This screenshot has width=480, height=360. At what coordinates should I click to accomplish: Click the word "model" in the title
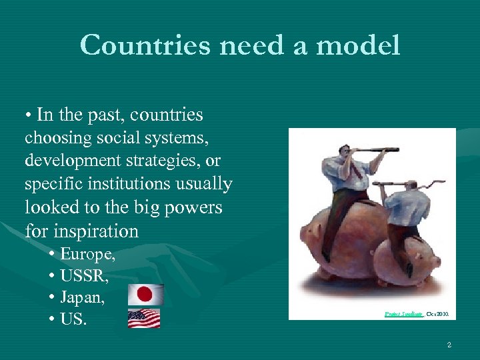(x=359, y=46)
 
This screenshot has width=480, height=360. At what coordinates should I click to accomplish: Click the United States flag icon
(x=145, y=319)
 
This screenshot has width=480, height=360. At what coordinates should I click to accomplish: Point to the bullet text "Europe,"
(x=87, y=254)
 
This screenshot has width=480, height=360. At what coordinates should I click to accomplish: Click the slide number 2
(x=449, y=345)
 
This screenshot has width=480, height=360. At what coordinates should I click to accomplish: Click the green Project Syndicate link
(x=403, y=312)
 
